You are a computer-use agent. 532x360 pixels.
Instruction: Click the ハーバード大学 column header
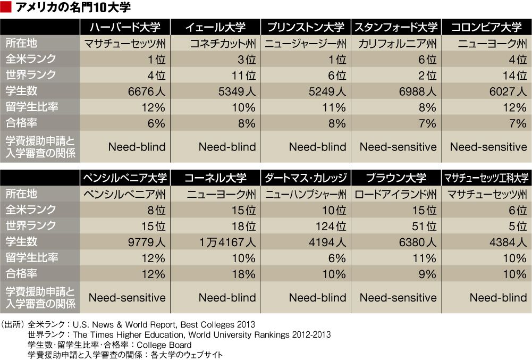point(125,27)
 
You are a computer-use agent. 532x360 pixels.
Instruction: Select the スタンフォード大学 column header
point(396,27)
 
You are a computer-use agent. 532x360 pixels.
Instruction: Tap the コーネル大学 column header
point(216,177)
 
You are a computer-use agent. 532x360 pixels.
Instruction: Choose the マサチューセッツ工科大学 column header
point(486,177)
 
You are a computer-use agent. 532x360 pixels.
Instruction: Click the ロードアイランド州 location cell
point(396,194)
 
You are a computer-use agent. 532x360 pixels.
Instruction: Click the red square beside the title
point(6,7)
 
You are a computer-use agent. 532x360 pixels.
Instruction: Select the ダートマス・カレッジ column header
point(306,177)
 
